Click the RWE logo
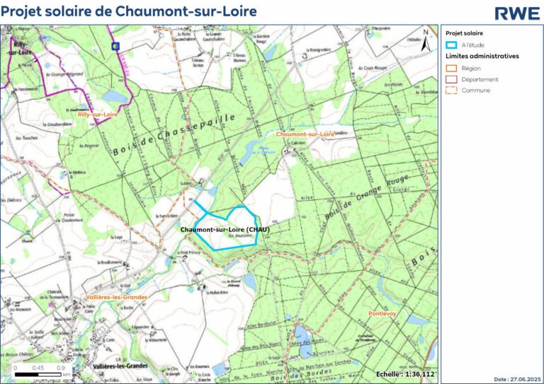pyautogui.click(x=516, y=13)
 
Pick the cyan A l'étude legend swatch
pyautogui.click(x=453, y=45)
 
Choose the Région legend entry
pyautogui.click(x=470, y=68)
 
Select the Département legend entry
pyautogui.click(x=479, y=79)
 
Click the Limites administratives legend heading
pyautogui.click(x=481, y=55)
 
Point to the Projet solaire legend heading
pyautogui.click(x=465, y=33)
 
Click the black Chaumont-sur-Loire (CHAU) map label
pyautogui.click(x=225, y=230)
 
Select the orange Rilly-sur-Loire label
pyautogui.click(x=98, y=113)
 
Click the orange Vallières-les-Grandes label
pyautogui.click(x=116, y=298)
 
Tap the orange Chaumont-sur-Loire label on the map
pyautogui.click(x=305, y=134)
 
